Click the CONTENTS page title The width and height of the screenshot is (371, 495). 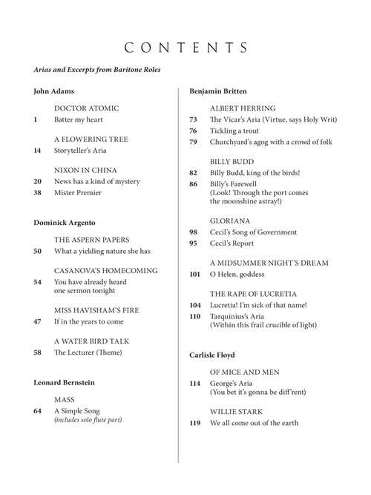185,48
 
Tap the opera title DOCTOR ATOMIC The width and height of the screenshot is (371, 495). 86,108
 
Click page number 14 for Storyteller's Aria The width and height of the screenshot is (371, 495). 38,151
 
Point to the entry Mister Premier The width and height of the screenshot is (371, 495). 78,193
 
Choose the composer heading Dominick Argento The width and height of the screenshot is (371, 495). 65,223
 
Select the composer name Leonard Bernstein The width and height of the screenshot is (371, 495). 65,382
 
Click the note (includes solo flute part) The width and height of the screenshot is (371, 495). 88,421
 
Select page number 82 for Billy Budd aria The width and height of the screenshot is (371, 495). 194,173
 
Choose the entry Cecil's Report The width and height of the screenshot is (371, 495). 232,243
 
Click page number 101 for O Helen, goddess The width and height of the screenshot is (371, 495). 195,275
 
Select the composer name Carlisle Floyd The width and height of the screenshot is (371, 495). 211,355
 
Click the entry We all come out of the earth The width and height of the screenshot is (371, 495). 254,423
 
